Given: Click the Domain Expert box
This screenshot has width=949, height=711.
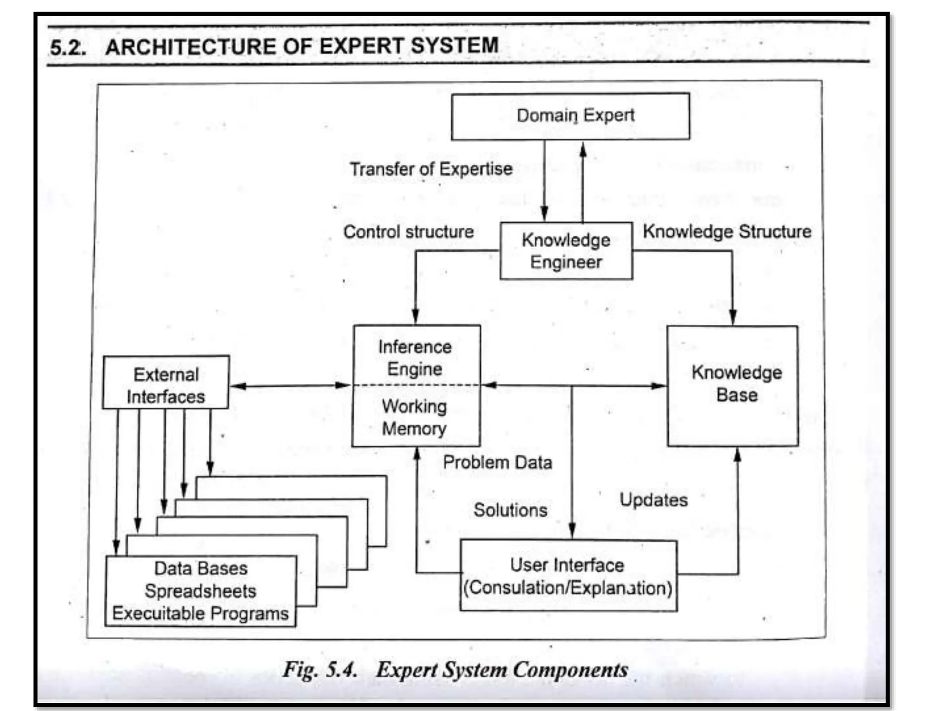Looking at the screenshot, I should (x=570, y=116).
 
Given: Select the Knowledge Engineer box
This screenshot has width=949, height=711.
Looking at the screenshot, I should (x=566, y=251).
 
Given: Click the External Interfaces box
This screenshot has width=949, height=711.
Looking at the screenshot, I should (x=166, y=382).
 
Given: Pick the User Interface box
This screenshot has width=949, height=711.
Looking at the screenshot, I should (x=569, y=576).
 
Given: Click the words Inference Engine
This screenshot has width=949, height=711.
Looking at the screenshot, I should (x=415, y=357).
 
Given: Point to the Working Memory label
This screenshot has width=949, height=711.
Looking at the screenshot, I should (x=414, y=417).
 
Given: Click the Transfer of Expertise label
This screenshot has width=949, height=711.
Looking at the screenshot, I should (x=431, y=169).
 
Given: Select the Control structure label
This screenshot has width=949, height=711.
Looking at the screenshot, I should (x=408, y=231).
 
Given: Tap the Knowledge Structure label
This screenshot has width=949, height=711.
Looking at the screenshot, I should (x=727, y=231).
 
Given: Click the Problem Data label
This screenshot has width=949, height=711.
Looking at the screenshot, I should (x=497, y=462).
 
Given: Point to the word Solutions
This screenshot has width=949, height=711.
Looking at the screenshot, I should (x=510, y=510).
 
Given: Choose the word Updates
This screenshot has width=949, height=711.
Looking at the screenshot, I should (x=653, y=500).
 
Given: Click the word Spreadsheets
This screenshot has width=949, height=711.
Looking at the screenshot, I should (x=200, y=591).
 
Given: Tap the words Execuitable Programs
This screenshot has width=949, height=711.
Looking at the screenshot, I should (x=200, y=613).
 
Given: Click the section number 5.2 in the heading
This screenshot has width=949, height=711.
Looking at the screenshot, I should (x=68, y=48).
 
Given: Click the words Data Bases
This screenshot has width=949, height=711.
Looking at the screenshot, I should (x=201, y=568).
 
